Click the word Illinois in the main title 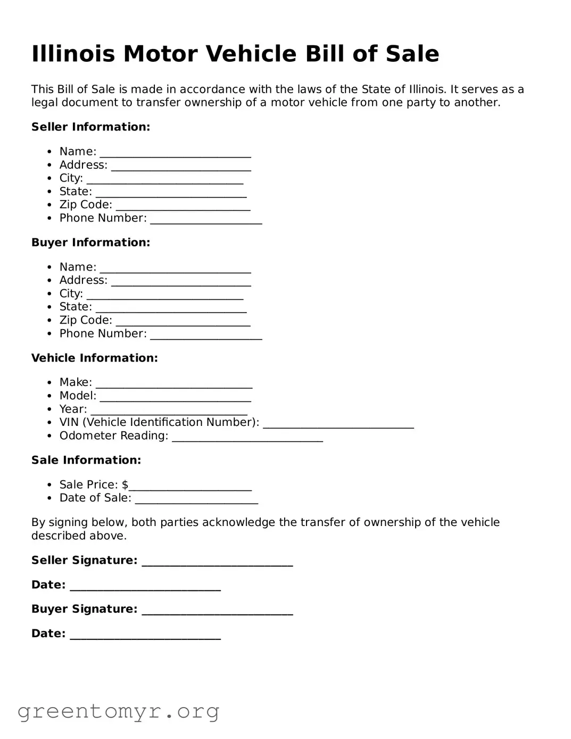pos(73,54)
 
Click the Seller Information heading pos(90,127)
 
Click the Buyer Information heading pos(90,242)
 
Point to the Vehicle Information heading pos(94,358)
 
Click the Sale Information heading pos(86,460)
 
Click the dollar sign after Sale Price pos(125,485)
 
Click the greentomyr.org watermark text pos(118,711)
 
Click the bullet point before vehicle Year pos(49,409)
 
